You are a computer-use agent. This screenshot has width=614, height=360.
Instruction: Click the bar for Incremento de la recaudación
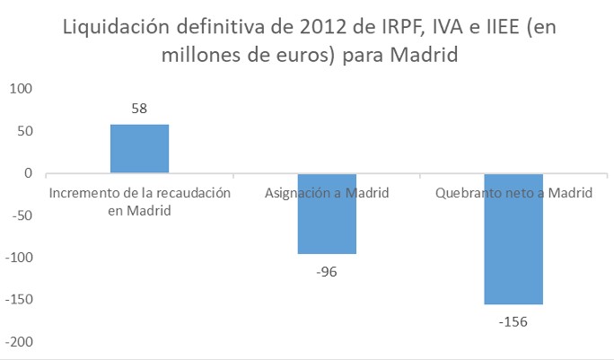tap(139, 149)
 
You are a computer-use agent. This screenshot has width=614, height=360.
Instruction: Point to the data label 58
tap(139, 109)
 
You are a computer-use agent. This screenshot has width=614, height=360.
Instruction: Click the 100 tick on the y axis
tap(21, 89)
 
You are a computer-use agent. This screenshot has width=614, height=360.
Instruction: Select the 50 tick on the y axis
tap(24, 131)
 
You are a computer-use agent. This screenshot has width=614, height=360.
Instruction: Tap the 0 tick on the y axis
tap(28, 173)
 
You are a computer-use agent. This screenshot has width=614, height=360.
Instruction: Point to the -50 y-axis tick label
tap(22, 215)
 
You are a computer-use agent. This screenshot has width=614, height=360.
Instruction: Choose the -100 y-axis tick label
tap(19, 258)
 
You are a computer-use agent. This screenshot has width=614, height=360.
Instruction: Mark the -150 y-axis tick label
tap(19, 300)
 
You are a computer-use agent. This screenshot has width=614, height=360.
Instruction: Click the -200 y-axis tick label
tap(19, 342)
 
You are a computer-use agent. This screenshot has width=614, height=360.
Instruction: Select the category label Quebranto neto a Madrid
tap(513, 193)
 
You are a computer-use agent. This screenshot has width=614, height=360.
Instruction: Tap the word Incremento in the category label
tap(82, 193)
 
